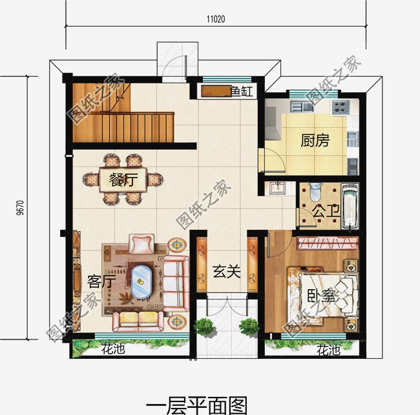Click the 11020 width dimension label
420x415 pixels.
click(216, 20)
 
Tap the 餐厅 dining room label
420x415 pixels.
click(123, 180)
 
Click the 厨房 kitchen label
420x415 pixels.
click(315, 141)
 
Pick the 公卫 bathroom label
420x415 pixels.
click(322, 211)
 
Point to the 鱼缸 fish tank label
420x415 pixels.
click(241, 92)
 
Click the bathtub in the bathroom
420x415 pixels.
click(350, 207)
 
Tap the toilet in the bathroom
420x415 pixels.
click(315, 191)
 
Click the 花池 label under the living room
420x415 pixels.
click(113, 350)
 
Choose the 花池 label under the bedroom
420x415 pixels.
click(328, 350)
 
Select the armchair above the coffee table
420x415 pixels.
click(141, 243)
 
